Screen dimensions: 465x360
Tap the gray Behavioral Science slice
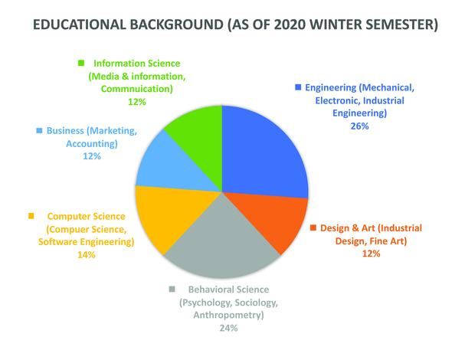click(x=222, y=246)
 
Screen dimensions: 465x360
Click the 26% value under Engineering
click(x=359, y=126)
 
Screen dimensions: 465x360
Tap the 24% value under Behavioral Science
click(x=228, y=328)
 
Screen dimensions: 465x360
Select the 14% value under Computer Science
click(x=87, y=255)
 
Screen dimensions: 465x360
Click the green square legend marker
click(x=81, y=63)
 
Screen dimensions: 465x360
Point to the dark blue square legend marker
click(x=298, y=87)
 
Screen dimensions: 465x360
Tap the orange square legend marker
click(x=313, y=227)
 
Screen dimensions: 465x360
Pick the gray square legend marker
click(x=172, y=289)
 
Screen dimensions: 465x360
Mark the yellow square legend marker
click(x=31, y=216)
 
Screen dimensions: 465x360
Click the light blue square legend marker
click(x=39, y=130)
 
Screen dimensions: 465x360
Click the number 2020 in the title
click(x=290, y=25)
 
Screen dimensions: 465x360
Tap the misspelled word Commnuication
click(x=136, y=89)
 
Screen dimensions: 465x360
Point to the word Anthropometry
click(x=228, y=315)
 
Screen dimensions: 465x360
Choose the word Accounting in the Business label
click(x=92, y=143)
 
